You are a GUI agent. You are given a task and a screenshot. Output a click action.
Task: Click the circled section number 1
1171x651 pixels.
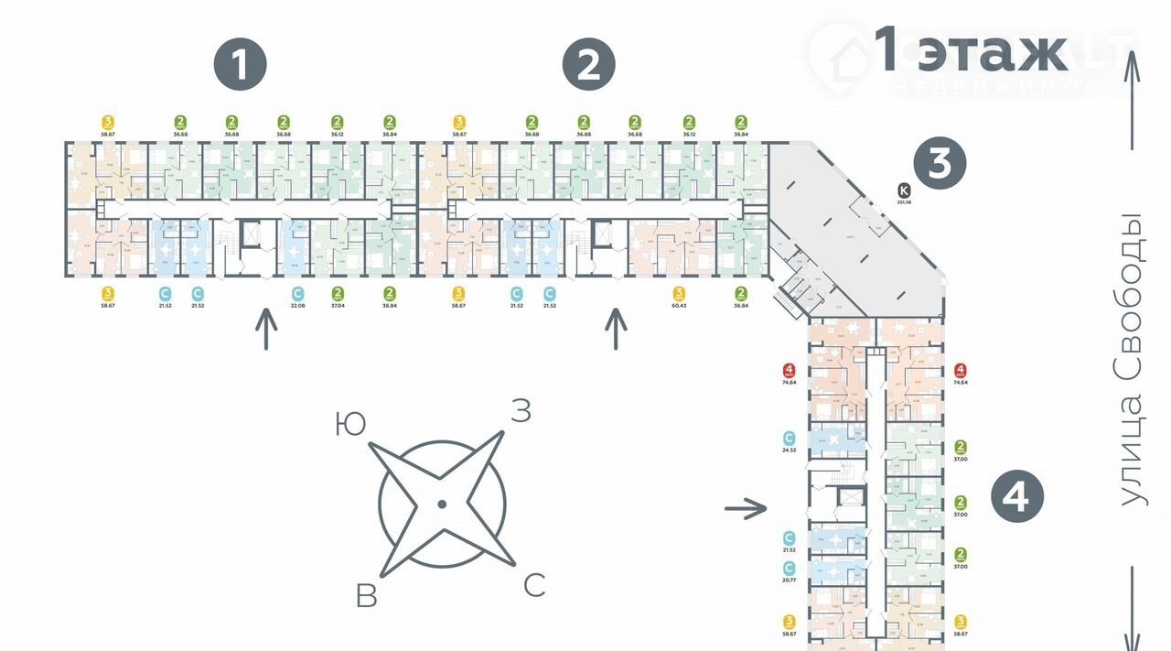[x=240, y=65]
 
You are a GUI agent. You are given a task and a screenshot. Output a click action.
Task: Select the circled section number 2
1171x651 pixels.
[x=589, y=65]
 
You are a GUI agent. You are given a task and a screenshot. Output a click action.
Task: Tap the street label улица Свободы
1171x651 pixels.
[x=1133, y=359]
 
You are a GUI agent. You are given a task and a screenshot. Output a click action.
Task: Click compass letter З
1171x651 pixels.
[x=520, y=412]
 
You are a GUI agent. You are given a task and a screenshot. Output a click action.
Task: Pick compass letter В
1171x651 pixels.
[x=367, y=596]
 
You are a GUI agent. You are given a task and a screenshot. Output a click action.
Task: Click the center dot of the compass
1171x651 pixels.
[x=442, y=504]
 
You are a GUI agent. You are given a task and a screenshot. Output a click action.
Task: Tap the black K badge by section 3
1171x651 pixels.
[x=905, y=190]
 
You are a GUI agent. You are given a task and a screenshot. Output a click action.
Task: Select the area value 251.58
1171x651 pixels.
[x=905, y=202]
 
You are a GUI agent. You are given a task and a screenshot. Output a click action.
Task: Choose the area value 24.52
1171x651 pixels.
[x=789, y=450]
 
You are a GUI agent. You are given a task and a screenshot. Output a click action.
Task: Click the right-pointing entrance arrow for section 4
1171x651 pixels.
[x=746, y=507]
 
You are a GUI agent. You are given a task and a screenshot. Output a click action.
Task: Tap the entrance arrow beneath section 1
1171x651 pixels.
[x=266, y=330]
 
